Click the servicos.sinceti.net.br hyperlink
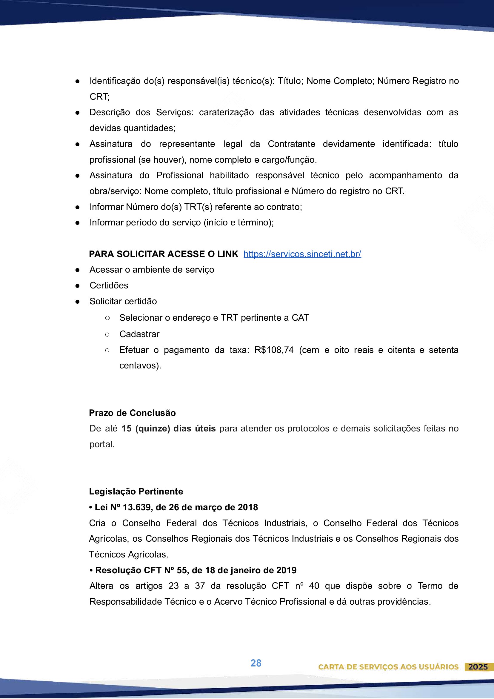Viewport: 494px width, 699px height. coord(302,254)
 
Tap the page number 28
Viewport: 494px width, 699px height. coord(256,663)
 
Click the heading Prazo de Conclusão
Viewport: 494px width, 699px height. coord(132,413)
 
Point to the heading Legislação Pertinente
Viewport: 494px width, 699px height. coord(136,491)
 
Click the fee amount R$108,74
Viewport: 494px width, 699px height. coord(274,350)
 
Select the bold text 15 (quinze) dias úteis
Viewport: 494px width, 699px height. coord(168,428)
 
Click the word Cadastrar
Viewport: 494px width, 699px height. coord(139,334)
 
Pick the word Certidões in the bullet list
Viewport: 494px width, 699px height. coord(109,285)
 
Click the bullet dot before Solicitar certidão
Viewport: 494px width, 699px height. coord(78,301)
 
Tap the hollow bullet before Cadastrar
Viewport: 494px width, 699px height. coord(107,334)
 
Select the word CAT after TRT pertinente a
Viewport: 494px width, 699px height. coord(300,317)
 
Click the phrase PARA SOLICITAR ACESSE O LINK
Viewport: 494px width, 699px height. coord(164,254)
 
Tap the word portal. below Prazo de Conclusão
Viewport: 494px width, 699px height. coord(102,444)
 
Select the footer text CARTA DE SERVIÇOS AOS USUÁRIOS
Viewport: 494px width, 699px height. coord(388,667)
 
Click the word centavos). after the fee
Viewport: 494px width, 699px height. coord(140,365)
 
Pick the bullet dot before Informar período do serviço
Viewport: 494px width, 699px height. coord(78,223)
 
